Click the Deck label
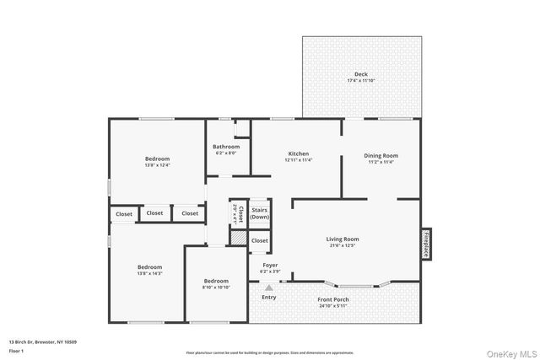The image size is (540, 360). [x=360, y=74]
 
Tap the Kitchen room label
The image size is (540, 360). [x=296, y=154]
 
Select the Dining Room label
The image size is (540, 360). [x=381, y=155]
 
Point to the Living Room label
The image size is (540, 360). [x=343, y=239]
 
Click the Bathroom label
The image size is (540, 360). [x=226, y=147]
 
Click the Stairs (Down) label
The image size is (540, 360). [x=259, y=213]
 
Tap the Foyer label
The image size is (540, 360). [x=269, y=265]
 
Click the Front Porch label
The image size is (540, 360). [x=334, y=299]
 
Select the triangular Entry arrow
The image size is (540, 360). [x=269, y=287]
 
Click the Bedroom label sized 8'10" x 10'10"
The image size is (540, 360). [x=216, y=281]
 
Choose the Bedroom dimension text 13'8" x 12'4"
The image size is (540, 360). [x=157, y=165]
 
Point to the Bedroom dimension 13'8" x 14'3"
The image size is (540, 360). [x=150, y=273]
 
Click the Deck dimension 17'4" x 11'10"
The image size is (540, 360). [x=360, y=81]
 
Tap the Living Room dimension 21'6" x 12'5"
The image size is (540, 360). [x=343, y=246]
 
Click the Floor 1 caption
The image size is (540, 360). [x=16, y=350]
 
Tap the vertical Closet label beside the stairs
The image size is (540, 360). [x=240, y=213]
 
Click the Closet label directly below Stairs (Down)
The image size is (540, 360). [x=259, y=240]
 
